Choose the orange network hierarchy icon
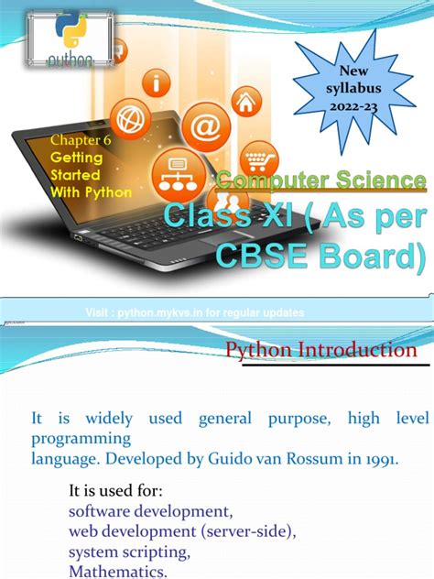177,171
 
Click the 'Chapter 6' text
80,139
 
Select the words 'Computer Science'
321,180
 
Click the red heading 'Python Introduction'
321,350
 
